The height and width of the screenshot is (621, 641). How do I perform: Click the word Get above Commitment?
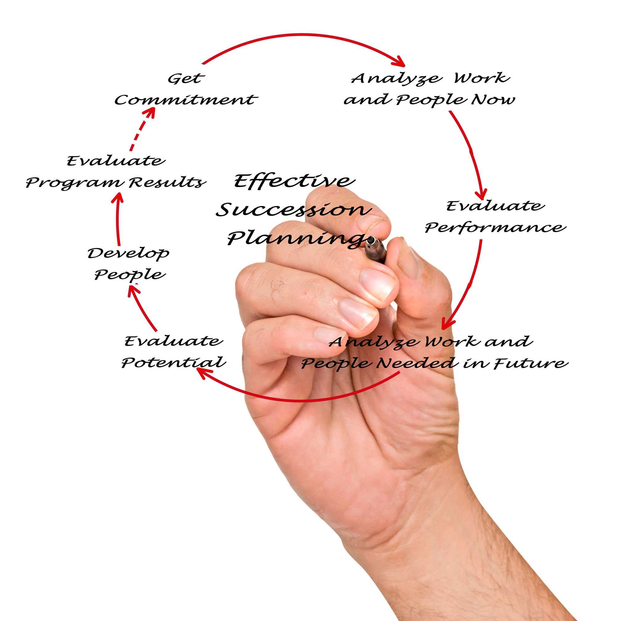coord(186,79)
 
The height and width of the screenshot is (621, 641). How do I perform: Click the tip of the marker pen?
coord(370,240)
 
